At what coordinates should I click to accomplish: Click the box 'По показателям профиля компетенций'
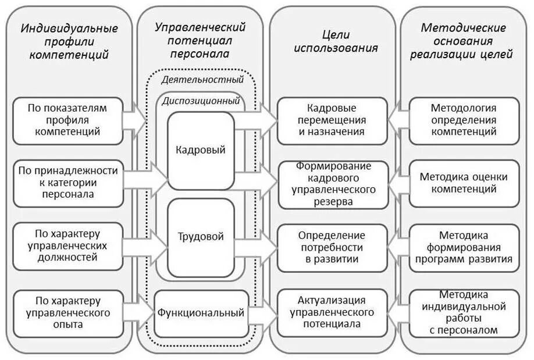point(67,120)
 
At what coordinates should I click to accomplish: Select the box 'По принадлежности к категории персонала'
point(67,183)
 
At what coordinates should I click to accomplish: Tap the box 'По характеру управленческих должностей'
point(67,245)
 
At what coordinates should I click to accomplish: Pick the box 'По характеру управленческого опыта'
point(67,312)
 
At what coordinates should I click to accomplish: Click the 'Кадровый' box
point(201,150)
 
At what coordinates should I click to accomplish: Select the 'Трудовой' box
point(201,237)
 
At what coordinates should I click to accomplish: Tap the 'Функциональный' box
point(201,313)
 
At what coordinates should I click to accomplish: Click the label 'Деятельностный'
point(202,80)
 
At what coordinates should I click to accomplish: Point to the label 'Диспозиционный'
point(201,100)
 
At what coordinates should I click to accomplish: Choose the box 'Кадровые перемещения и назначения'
point(332,120)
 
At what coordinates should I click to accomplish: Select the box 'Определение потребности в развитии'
point(332,247)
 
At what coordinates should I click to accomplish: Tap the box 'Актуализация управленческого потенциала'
point(332,312)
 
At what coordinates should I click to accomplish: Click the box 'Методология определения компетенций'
point(463,120)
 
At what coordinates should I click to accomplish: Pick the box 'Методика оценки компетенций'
point(463,183)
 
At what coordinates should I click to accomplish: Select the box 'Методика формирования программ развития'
point(463,247)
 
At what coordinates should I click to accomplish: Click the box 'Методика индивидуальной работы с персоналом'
point(463,312)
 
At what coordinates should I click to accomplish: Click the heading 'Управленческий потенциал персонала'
point(200,41)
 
